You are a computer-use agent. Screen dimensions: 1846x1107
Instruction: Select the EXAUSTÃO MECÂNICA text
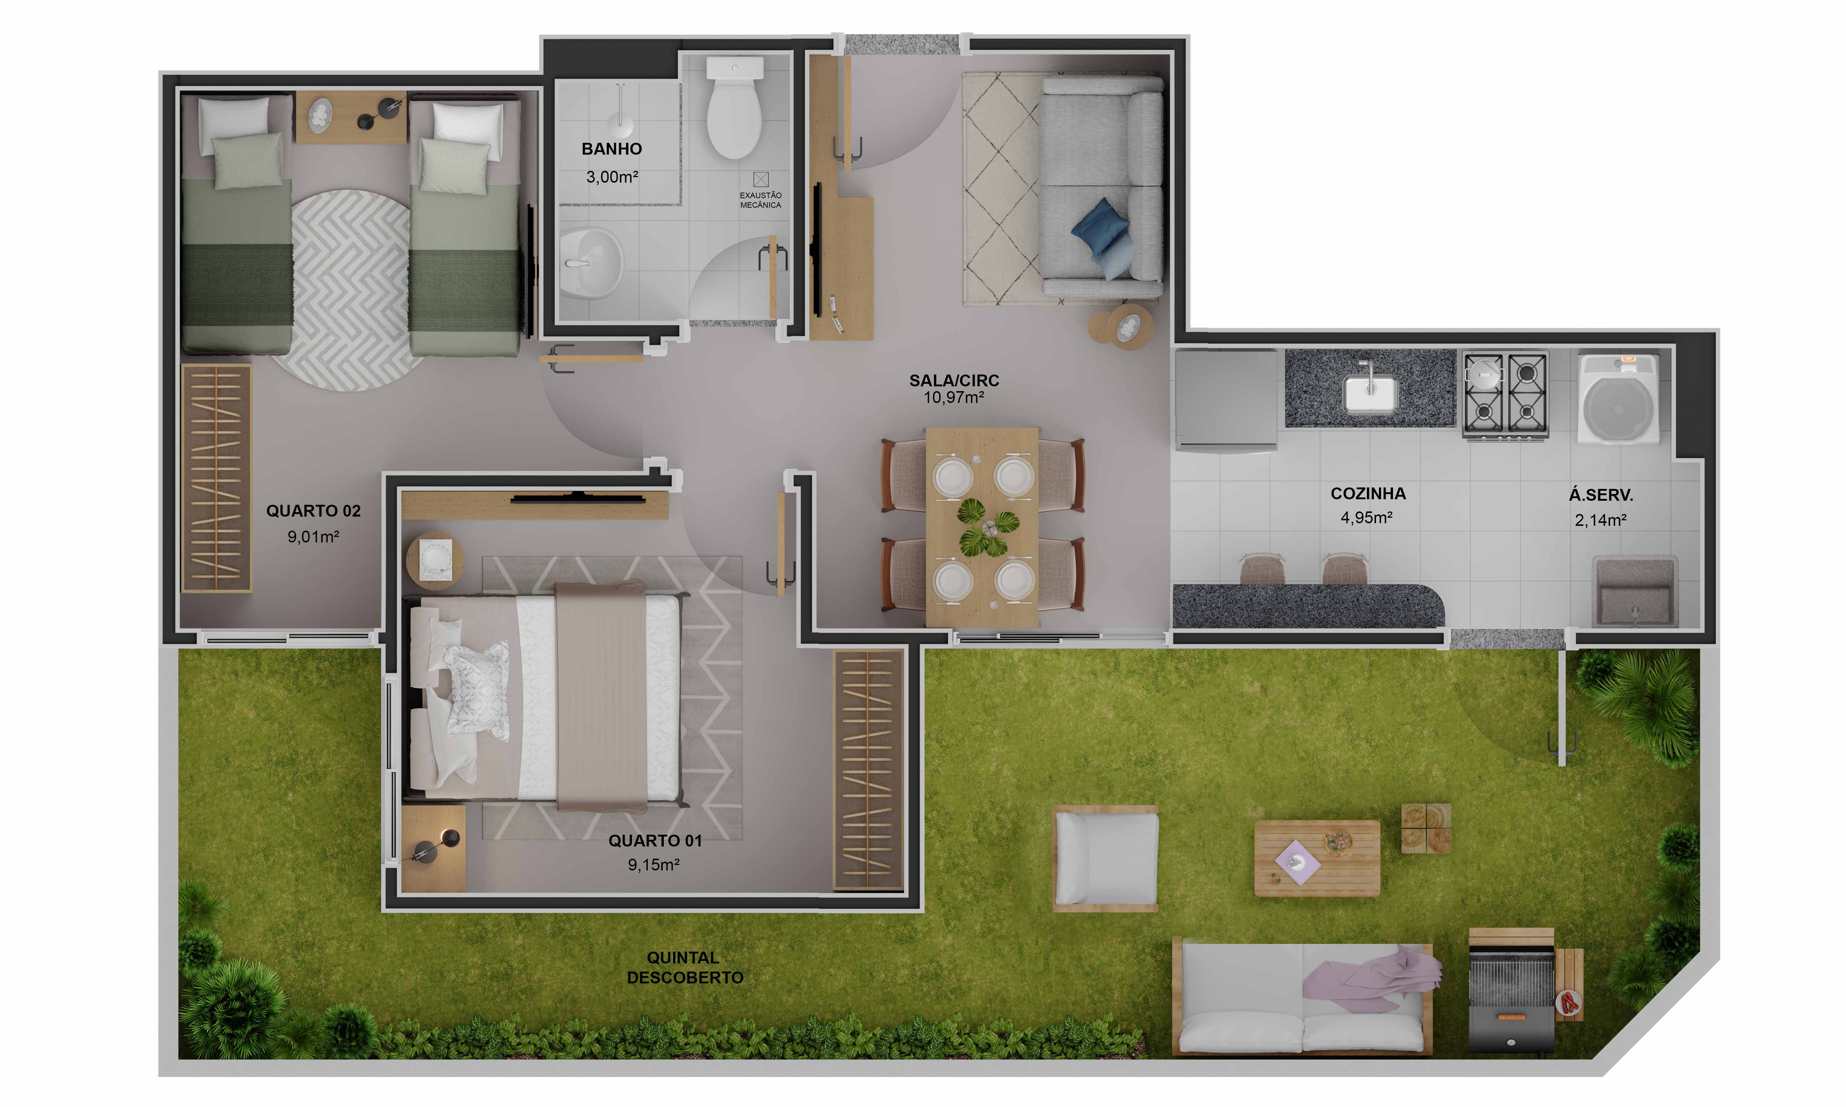point(760,200)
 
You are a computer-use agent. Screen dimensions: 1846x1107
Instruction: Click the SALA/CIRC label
point(954,380)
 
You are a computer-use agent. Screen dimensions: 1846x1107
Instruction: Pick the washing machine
point(1618,399)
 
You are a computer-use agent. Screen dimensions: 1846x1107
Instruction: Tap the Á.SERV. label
point(1600,494)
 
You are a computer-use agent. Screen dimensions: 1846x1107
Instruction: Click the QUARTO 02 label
point(313,511)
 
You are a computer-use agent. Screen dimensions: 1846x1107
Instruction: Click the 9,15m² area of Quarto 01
point(653,865)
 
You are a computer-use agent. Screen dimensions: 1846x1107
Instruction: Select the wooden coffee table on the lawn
point(1317,858)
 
